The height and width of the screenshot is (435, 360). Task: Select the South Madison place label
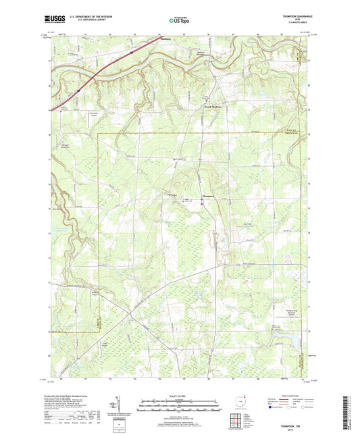coord(213,106)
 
